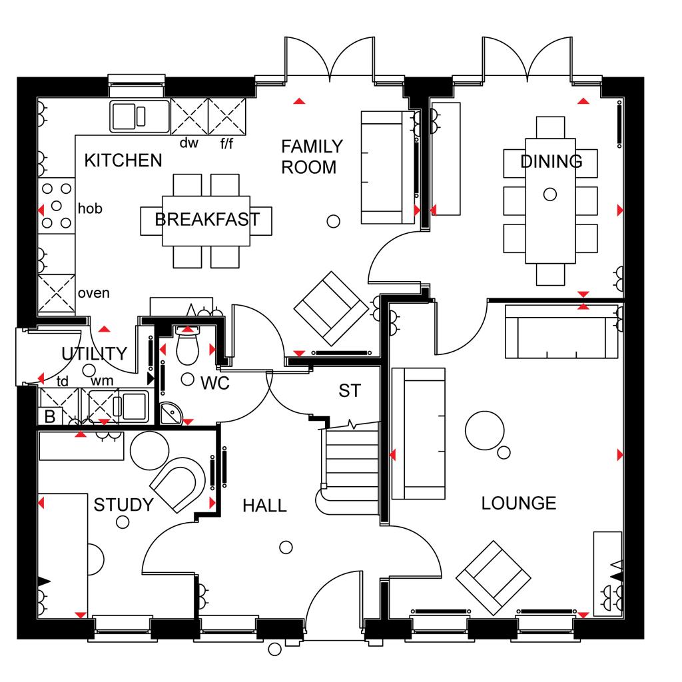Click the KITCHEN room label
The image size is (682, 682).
123,161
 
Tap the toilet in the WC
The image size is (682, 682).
187,345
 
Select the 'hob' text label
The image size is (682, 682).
90,208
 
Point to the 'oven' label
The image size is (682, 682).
93,293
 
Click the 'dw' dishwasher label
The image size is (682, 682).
189,143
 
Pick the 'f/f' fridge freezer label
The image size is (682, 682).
226,143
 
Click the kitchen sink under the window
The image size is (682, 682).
139,116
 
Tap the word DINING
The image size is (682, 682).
551,161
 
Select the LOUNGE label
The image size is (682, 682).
518,504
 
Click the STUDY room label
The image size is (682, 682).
123,505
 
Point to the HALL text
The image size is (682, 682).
264,506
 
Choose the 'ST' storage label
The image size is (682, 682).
350,390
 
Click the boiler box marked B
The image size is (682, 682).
50,416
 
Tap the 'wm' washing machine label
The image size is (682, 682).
102,380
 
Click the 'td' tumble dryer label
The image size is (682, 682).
63,381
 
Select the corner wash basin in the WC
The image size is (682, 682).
170,413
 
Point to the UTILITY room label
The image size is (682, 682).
95,354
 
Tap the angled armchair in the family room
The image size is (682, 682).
331,309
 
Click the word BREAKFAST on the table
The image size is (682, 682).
207,219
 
